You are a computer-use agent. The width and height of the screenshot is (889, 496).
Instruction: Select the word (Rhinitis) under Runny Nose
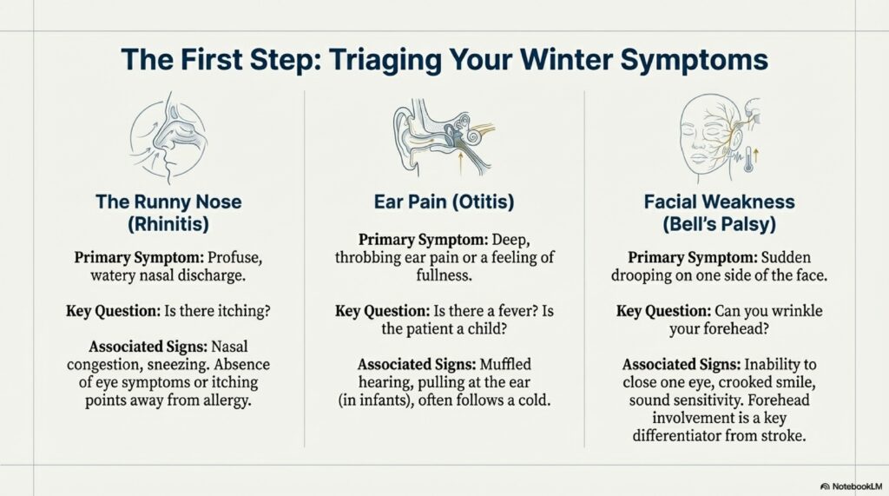(168, 224)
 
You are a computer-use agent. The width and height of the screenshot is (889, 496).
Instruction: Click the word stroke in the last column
(793, 437)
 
